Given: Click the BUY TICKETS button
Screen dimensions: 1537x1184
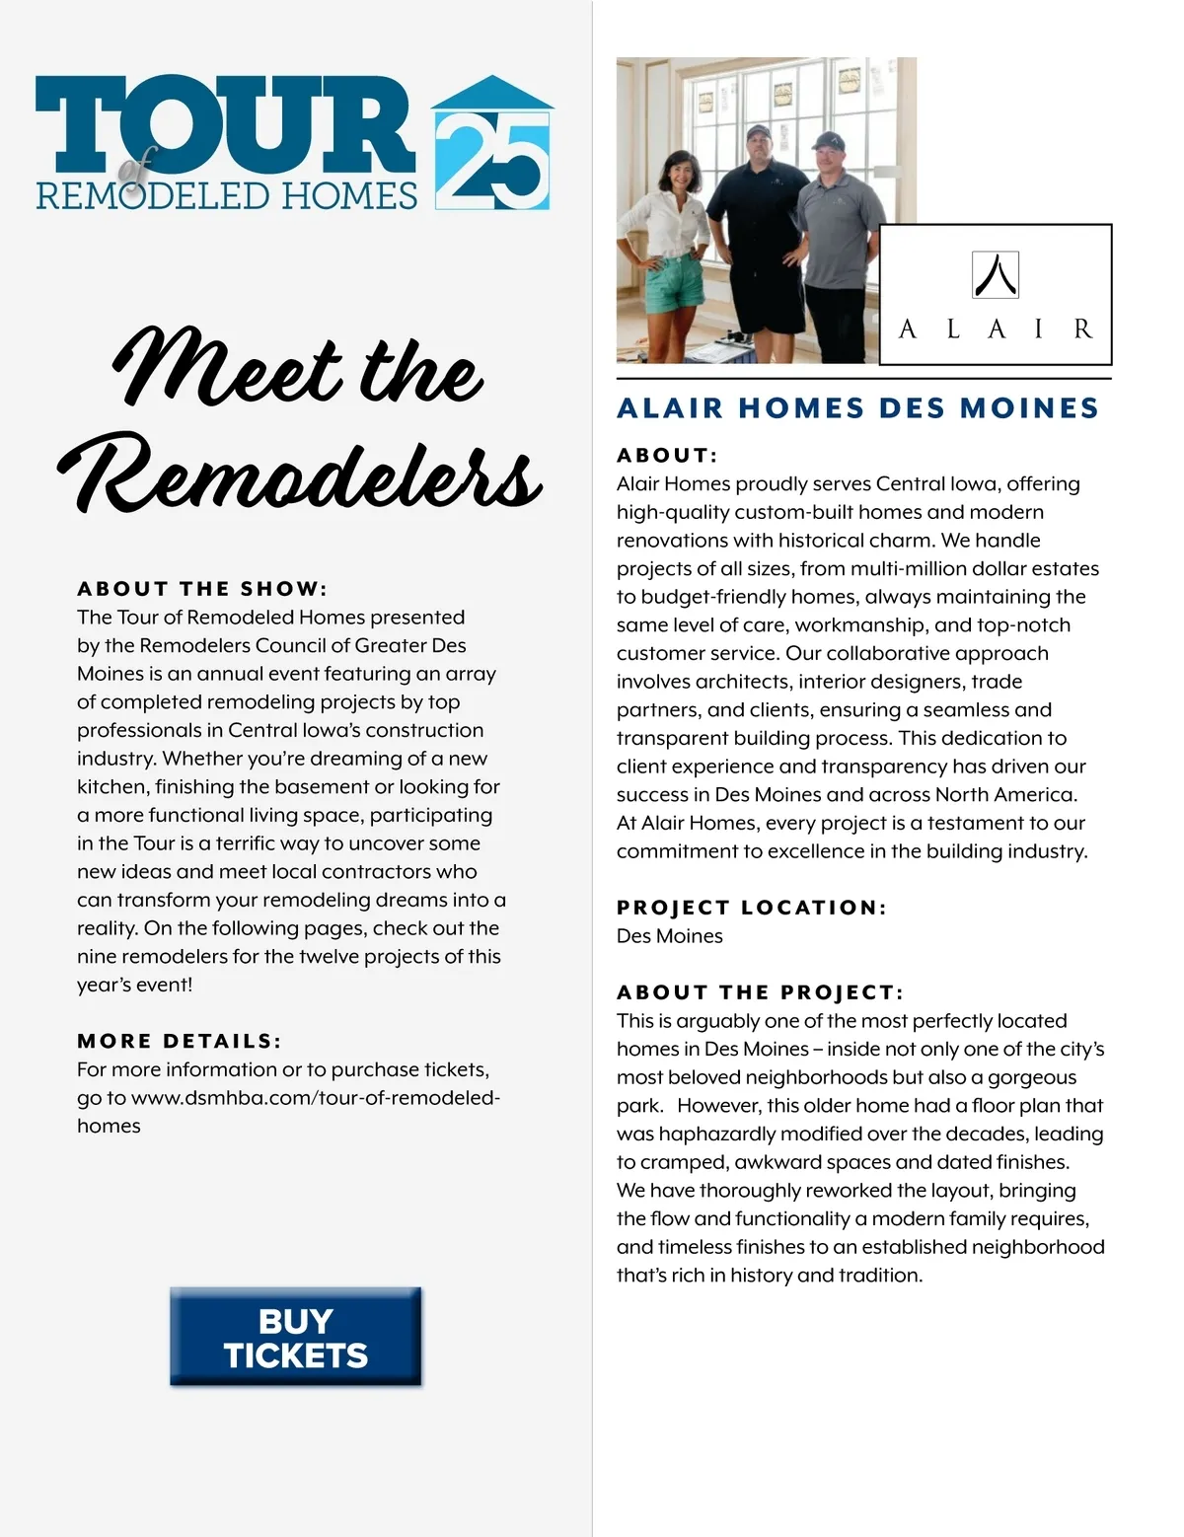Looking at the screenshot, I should pos(295,1338).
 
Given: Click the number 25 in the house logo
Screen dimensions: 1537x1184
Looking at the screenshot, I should pos(491,162).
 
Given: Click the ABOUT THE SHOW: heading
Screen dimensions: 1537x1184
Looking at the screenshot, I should pos(201,589).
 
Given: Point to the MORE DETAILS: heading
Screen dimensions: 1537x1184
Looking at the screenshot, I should pos(179,1041).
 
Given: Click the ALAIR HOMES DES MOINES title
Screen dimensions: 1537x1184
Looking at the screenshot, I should pos(857,408).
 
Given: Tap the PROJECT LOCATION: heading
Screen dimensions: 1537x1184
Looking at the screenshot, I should pos(751,908).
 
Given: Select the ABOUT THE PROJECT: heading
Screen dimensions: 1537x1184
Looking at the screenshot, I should pos(760,992).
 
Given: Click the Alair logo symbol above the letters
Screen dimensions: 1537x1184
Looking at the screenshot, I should pos(995,275).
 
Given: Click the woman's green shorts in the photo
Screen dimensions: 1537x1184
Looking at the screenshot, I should pos(675,280).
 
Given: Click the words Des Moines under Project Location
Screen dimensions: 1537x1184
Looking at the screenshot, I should pos(669,936).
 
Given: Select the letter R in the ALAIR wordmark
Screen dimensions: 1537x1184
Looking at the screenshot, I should pos(1082,329).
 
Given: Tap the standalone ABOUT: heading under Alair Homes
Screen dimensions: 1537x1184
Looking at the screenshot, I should pos(667,456).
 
